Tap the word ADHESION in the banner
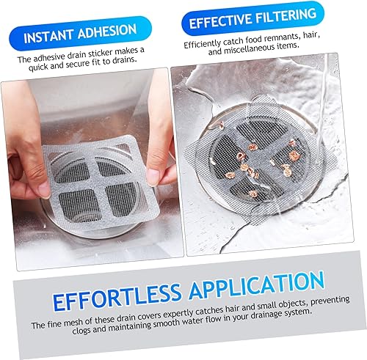107,31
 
